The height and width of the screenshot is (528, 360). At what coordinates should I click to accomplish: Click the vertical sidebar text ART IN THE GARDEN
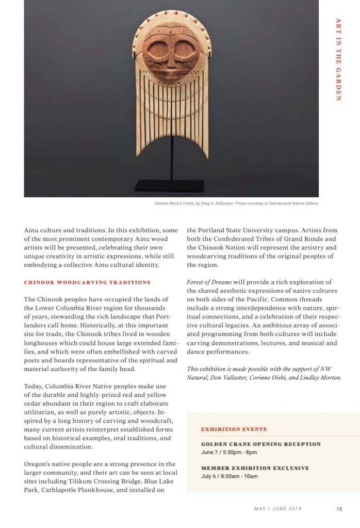click(x=338, y=59)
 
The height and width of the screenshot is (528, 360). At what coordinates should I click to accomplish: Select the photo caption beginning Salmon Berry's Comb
click(x=237, y=203)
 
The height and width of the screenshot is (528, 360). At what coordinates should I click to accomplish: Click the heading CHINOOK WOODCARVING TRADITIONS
click(x=87, y=282)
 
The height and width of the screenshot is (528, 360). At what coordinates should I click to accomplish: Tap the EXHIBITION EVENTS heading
click(x=234, y=429)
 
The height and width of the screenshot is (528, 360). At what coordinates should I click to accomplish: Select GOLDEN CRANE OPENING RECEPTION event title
click(x=260, y=444)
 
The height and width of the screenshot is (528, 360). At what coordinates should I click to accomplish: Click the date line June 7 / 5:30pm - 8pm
click(x=229, y=452)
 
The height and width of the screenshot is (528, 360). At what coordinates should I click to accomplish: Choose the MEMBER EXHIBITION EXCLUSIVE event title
click(x=255, y=468)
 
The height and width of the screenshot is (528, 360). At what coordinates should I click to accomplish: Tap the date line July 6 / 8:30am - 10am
click(x=229, y=476)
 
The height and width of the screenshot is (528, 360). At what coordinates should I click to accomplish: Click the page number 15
click(x=339, y=509)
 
